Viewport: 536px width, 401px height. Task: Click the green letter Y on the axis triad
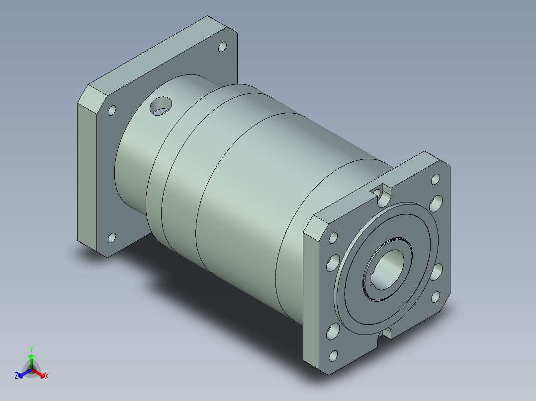(31, 349)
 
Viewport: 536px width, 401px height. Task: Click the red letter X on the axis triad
(47, 376)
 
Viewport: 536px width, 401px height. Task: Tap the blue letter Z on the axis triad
(16, 376)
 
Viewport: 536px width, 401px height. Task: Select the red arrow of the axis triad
(38, 373)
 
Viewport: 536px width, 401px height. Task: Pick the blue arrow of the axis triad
(25, 373)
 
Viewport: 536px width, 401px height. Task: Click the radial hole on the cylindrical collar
(161, 106)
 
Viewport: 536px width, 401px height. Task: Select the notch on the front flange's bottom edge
(386, 334)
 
